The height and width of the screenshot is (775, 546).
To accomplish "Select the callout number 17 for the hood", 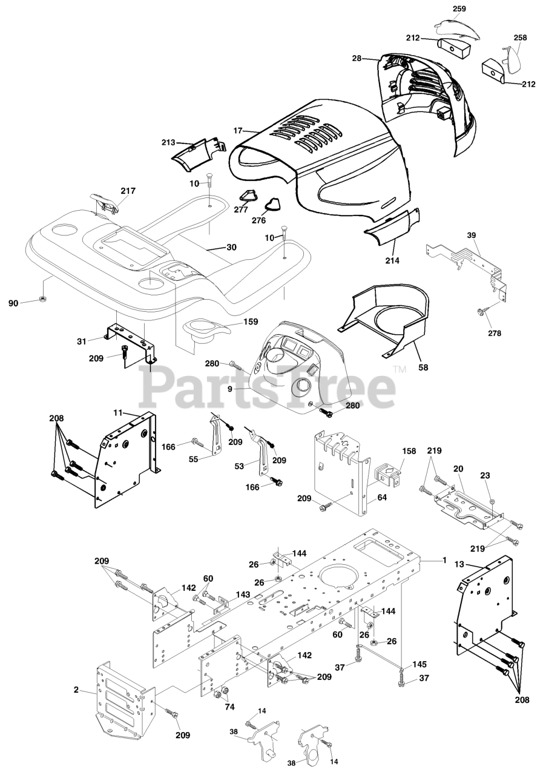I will pyautogui.click(x=238, y=130).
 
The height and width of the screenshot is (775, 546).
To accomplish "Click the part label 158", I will pyautogui.click(x=409, y=452).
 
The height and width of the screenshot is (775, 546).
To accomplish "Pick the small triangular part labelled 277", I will pyautogui.click(x=245, y=195).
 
